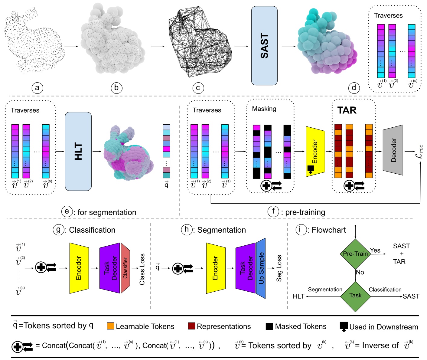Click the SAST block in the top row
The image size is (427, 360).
click(x=264, y=46)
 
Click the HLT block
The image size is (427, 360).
click(x=78, y=151)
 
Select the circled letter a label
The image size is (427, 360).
click(x=37, y=88)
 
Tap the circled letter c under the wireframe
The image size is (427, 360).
click(x=198, y=88)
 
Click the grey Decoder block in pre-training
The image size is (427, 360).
click(x=393, y=150)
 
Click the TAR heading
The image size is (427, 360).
click(x=347, y=110)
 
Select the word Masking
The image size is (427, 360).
click(x=264, y=109)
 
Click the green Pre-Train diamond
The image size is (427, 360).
click(x=355, y=254)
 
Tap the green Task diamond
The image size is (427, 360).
click(x=355, y=296)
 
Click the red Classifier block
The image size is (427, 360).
click(x=125, y=268)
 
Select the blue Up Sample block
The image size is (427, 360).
click(x=261, y=268)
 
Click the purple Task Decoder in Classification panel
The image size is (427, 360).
click(x=109, y=268)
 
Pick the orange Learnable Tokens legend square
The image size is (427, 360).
click(x=111, y=326)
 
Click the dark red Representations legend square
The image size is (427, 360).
click(x=191, y=326)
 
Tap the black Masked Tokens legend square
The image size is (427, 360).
click(x=269, y=326)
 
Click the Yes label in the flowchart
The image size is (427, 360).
click(x=375, y=250)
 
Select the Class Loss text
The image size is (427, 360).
click(x=142, y=269)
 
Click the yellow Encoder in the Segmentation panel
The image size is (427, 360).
click(x=216, y=268)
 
